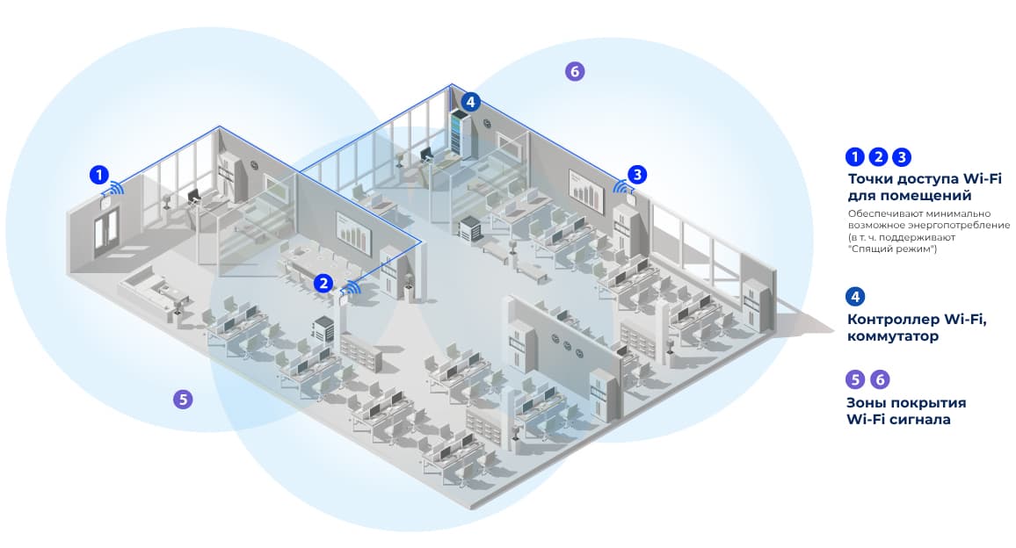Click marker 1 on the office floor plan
(x=100, y=174)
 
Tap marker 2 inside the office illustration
(x=324, y=283)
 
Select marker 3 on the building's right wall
(x=637, y=174)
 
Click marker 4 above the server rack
(x=471, y=102)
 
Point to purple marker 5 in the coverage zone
(x=182, y=399)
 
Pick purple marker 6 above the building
(x=574, y=72)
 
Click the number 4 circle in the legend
(x=855, y=296)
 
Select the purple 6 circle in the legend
(x=879, y=379)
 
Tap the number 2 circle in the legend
(x=878, y=157)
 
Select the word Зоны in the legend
(x=869, y=402)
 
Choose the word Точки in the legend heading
(x=871, y=179)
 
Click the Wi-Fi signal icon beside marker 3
(x=621, y=184)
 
